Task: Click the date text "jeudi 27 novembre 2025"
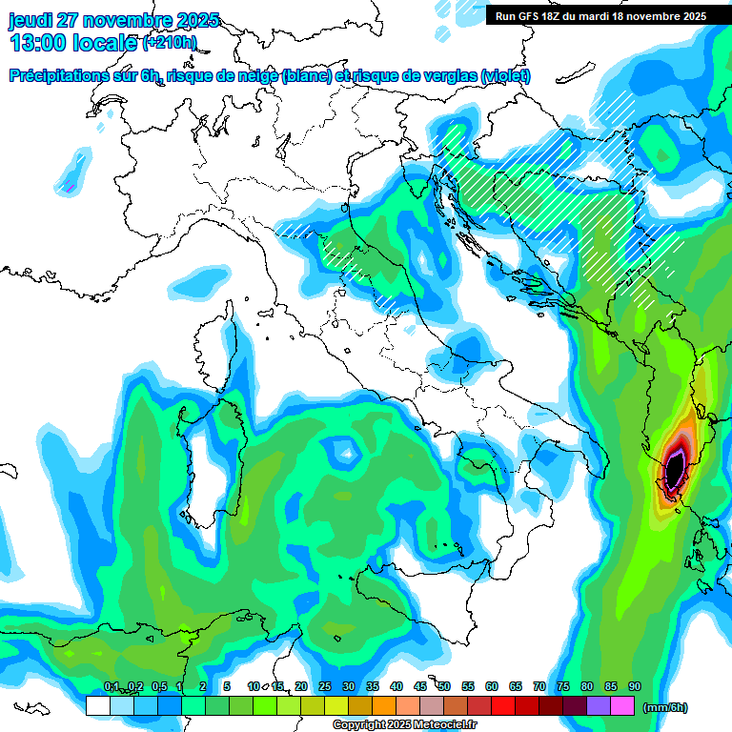[113, 20]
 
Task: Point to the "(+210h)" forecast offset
[170, 43]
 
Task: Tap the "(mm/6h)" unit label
[665, 707]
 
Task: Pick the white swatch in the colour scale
[97, 705]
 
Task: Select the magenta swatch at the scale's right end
[622, 705]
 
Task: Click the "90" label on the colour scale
[635, 687]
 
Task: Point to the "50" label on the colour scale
[444, 687]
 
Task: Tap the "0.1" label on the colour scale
[112, 687]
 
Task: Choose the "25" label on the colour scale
[325, 687]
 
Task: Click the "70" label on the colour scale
[539, 687]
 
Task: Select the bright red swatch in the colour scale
[503, 705]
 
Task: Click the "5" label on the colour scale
[227, 687]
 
